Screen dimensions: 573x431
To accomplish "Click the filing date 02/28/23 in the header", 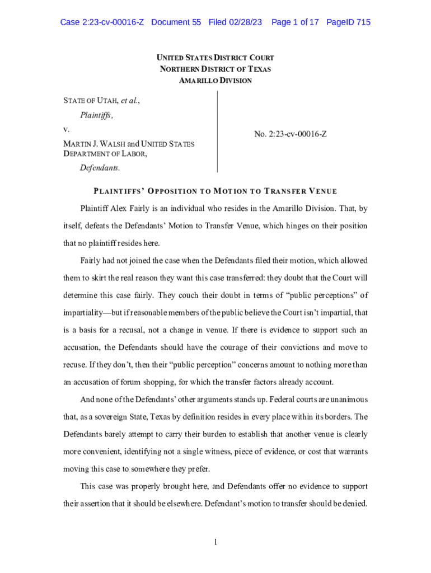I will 246,22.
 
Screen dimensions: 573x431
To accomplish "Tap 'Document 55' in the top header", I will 176,22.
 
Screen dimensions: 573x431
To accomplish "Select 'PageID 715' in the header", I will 348,22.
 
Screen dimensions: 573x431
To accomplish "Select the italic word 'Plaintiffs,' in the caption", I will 97,115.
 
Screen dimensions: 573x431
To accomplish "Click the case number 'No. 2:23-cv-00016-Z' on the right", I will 291,134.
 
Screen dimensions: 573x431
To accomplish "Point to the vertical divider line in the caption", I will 217,132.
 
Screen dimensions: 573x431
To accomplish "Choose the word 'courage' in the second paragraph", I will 244,347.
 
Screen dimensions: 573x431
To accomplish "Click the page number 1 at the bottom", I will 215,542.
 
